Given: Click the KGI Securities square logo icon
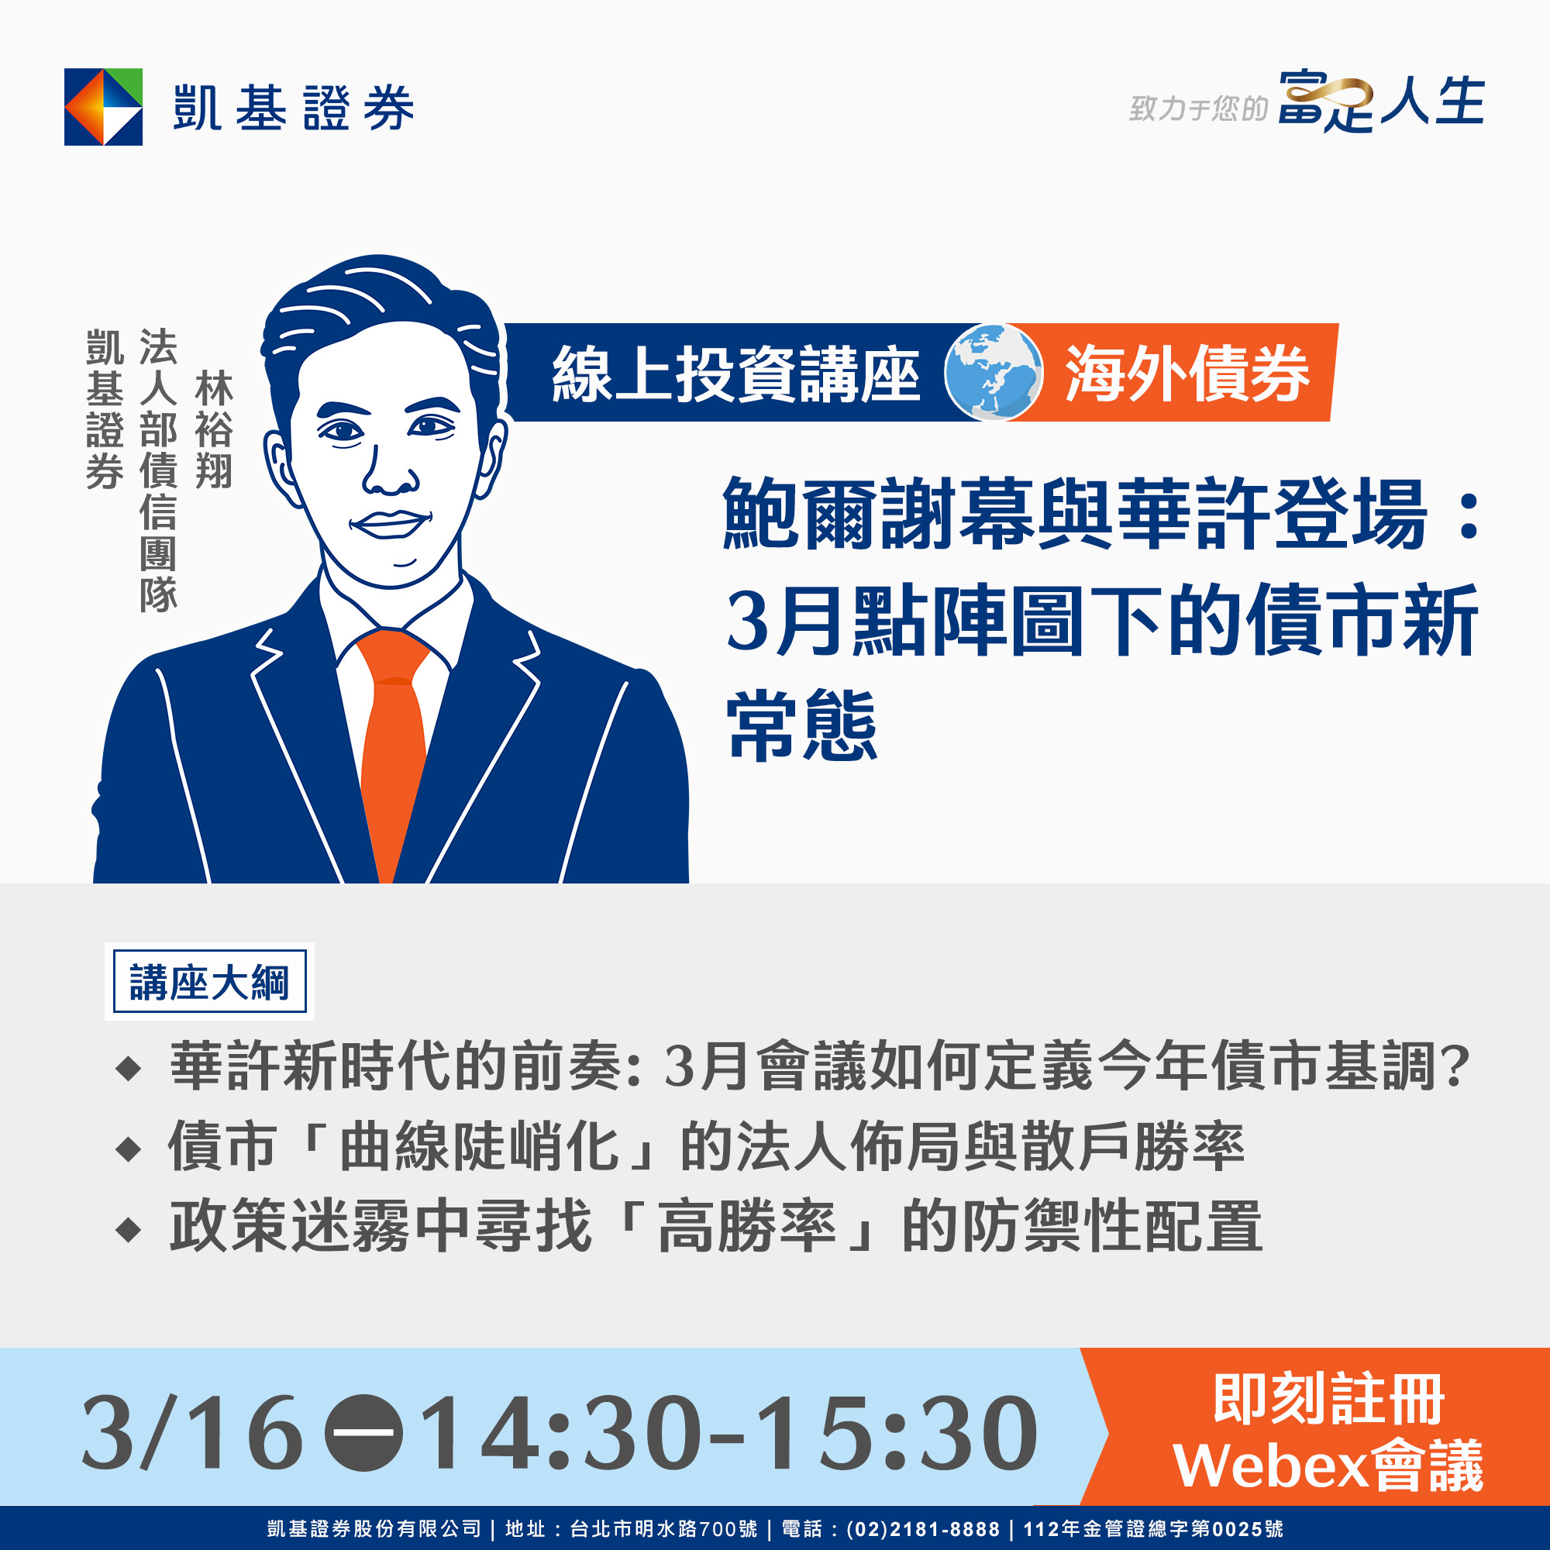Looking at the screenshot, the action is click(104, 107).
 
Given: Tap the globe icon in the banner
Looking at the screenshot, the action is click(994, 372).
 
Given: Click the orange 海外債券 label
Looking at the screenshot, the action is click(1187, 373).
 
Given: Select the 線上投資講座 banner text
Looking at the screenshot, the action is click(735, 374).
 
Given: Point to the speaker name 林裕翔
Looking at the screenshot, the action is click(213, 429).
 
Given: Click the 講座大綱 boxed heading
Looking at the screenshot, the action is click(209, 981).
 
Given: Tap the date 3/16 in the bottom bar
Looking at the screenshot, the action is click(192, 1433).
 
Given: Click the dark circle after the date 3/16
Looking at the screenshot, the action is click(363, 1433).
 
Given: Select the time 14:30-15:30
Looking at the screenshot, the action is click(728, 1433).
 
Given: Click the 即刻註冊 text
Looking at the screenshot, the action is click(1328, 1399).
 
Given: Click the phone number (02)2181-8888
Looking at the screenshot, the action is click(922, 1529).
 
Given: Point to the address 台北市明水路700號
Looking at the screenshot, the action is click(663, 1529).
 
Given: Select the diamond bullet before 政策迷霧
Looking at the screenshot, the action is click(129, 1230).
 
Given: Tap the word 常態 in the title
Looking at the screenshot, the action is click(802, 725).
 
